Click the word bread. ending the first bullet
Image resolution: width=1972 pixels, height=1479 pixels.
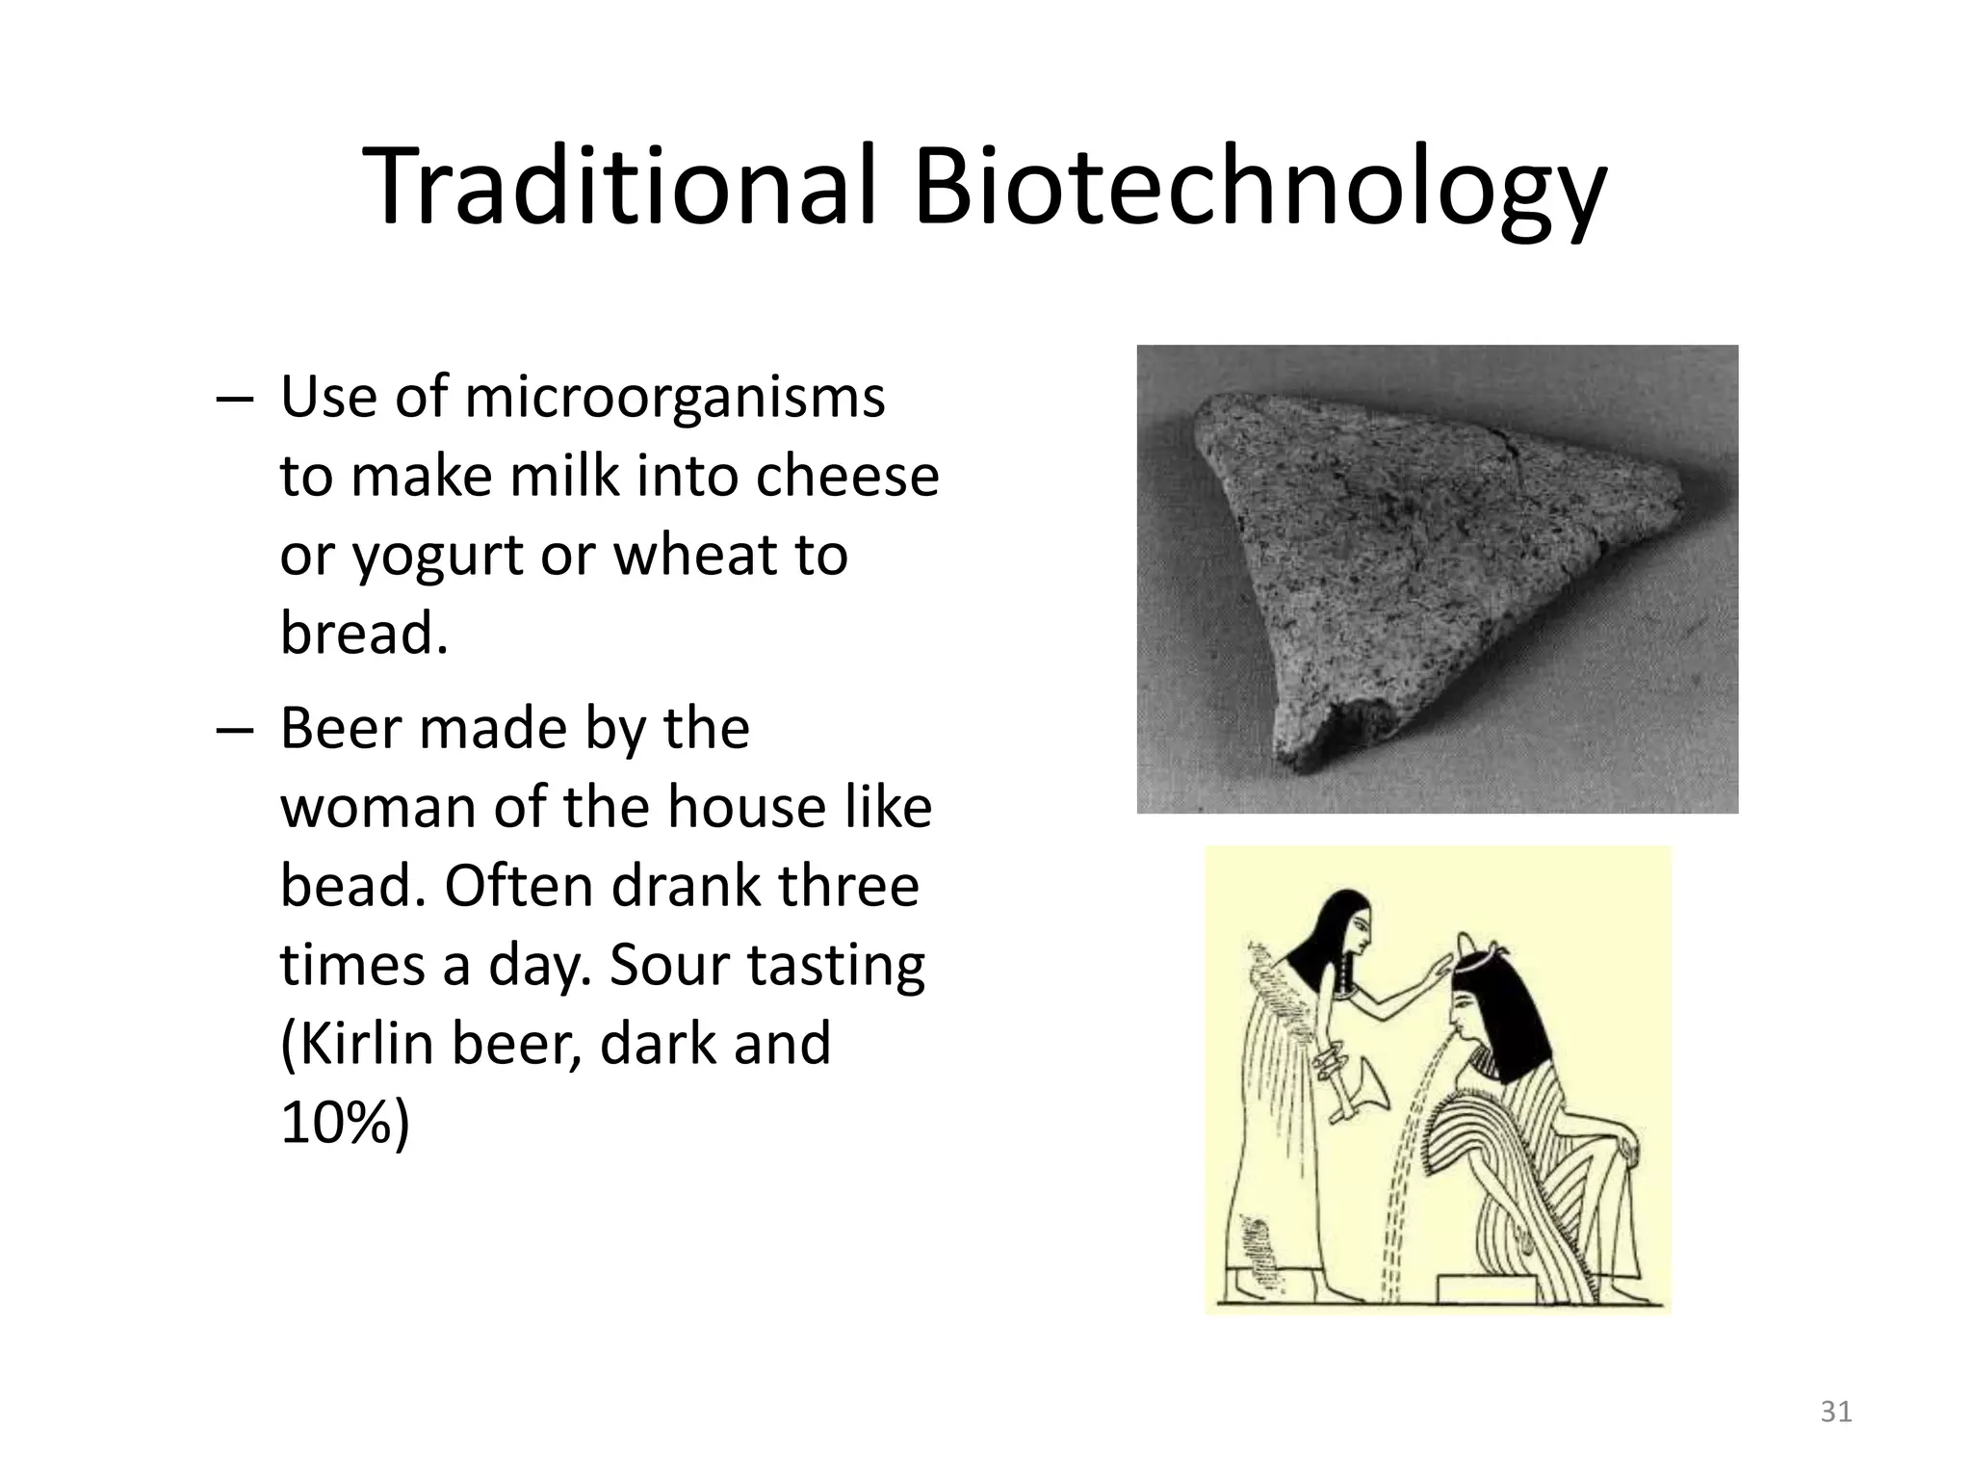pos(364,634)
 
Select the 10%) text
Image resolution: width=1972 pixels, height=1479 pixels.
pos(344,1123)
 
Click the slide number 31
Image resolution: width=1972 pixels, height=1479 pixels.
pos(1835,1412)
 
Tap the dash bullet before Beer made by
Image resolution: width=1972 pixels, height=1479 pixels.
pos(235,730)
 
